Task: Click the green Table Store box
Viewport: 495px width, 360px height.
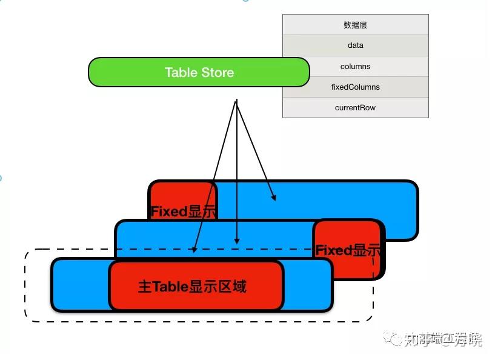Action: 199,72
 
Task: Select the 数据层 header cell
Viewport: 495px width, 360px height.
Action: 355,25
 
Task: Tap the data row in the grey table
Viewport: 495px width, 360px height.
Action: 355,45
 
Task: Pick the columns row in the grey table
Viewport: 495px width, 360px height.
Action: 355,66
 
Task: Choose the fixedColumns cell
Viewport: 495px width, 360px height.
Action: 355,87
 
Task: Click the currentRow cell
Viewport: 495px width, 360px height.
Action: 355,107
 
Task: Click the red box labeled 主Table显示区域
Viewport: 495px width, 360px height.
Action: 195,285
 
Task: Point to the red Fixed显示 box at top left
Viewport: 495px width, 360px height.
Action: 182,200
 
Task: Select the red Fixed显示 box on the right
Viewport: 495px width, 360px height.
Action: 348,248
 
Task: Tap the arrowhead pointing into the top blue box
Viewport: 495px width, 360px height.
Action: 274,198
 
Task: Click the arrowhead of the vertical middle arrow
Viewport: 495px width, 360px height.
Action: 237,241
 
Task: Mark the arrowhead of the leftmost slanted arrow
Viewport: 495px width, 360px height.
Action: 194,248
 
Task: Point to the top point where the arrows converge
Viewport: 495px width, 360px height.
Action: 236,101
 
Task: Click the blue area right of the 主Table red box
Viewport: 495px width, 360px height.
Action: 307,285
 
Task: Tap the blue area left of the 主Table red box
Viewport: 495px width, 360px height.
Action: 79,285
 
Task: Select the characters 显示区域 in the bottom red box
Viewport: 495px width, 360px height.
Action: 218,286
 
